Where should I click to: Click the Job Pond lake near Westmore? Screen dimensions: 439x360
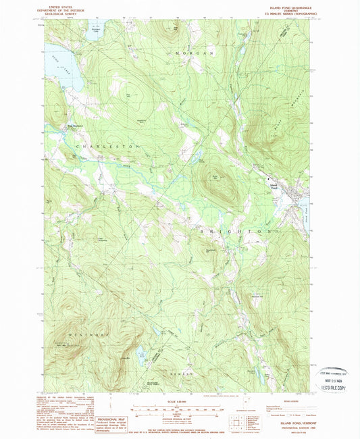pos(142,353)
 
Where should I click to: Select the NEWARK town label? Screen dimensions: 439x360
pos(183,373)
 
